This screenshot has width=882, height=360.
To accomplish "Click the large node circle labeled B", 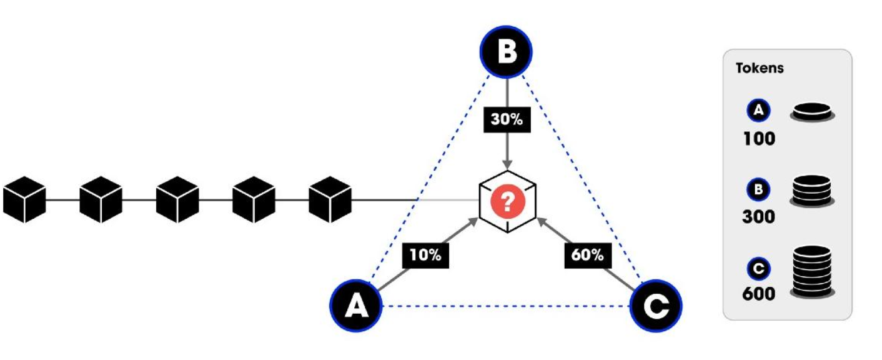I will coord(506,52).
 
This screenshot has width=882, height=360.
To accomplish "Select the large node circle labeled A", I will coord(356,306).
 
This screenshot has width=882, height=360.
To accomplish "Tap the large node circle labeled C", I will coord(656,306).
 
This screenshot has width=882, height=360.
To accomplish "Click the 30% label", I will coord(507,119).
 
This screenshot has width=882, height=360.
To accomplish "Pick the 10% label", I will coord(425,255).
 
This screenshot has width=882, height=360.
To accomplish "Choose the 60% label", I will coord(588,255).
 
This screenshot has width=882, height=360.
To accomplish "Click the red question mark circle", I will coord(507,201).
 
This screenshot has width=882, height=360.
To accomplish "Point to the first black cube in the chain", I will coord(24,199).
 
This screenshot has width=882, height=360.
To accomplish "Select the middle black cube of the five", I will coord(177,199).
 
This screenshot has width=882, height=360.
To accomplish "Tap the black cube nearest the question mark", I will coord(330,199).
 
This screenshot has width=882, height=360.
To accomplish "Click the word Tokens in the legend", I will coord(759,68).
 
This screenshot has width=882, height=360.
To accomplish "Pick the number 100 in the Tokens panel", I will coord(759,138).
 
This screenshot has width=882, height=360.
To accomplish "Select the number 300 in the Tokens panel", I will coord(759,216).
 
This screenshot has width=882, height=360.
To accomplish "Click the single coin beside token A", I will coord(812,113).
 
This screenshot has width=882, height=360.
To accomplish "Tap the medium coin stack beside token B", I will coord(811,191).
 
